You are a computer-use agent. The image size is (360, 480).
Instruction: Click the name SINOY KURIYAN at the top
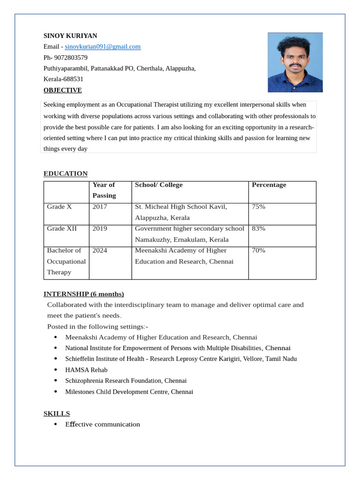70,36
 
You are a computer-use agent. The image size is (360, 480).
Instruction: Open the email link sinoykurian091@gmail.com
103,46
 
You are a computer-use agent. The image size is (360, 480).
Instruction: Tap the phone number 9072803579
71,58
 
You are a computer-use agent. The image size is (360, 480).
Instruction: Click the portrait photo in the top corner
295,62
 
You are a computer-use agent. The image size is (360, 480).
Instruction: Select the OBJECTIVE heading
62,90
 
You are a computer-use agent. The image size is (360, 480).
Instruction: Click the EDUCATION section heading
66,173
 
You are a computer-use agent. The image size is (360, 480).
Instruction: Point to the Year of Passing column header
104,190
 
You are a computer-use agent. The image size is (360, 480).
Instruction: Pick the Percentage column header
269,185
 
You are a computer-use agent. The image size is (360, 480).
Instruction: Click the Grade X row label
60,207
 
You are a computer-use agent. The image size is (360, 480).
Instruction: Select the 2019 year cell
100,229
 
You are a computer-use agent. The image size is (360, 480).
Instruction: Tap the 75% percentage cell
258,207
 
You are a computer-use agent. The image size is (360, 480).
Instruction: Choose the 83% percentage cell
258,229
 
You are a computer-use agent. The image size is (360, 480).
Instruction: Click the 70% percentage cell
258,250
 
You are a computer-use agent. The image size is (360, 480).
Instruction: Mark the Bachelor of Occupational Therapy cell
66,261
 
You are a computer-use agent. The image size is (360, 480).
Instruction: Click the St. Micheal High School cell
181,212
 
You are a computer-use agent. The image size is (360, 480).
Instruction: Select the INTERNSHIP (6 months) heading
83,294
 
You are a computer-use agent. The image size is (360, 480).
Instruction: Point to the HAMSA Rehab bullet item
86,370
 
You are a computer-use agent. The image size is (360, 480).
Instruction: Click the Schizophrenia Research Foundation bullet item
126,381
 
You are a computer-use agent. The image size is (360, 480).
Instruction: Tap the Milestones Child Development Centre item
129,392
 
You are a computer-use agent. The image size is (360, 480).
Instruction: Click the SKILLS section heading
57,413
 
